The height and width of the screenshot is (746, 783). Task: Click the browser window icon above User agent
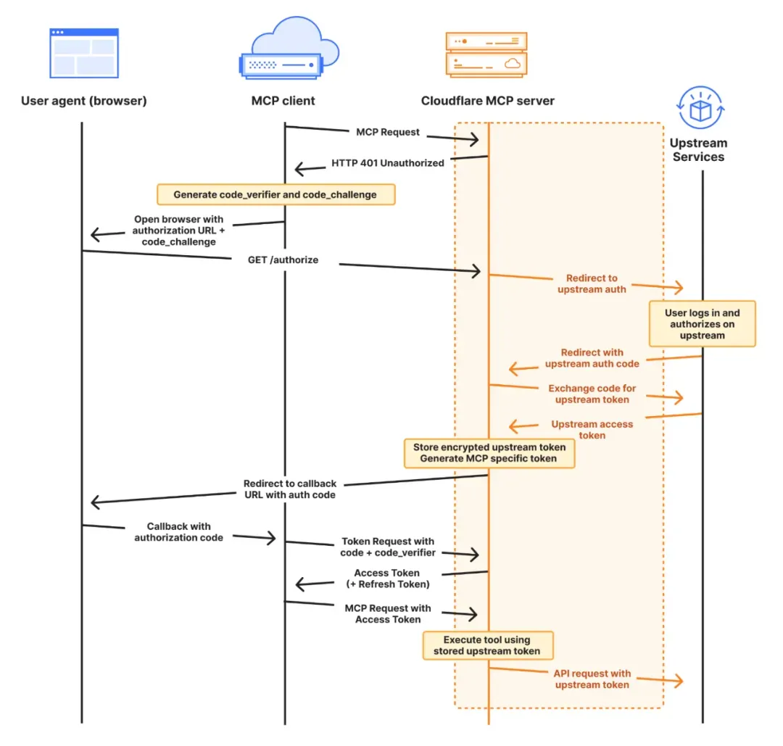[83, 53]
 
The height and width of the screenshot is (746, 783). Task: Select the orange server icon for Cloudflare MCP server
[486, 54]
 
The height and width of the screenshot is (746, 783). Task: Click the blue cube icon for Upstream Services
[700, 109]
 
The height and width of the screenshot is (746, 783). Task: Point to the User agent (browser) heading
[83, 101]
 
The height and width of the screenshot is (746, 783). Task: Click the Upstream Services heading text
[698, 149]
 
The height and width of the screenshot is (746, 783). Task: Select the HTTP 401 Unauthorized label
[387, 163]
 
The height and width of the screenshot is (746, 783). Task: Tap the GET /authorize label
[283, 260]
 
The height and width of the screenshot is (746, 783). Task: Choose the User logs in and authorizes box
[702, 324]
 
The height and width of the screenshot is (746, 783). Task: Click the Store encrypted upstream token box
[489, 452]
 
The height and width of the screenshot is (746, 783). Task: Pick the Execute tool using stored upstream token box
[487, 645]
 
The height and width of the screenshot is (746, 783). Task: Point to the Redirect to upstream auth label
[592, 283]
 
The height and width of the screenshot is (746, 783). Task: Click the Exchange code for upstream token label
[592, 394]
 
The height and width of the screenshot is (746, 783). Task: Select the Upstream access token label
[592, 429]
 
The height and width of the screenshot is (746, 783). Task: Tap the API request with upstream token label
[592, 679]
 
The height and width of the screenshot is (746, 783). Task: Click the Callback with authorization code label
[179, 532]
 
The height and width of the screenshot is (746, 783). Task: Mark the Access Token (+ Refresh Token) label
[387, 579]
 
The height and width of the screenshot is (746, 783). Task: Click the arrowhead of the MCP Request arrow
[473, 139]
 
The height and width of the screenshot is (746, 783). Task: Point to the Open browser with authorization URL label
[179, 230]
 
